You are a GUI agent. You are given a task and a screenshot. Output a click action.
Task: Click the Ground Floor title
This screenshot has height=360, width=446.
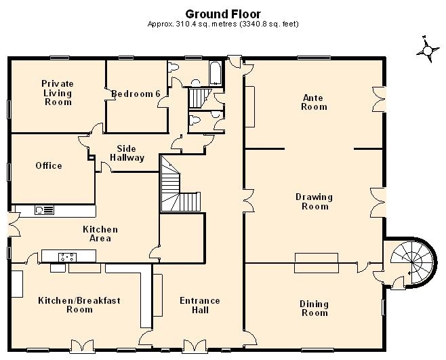tap(223, 14)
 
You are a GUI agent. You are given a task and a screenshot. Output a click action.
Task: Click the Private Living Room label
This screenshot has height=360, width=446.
tap(58, 93)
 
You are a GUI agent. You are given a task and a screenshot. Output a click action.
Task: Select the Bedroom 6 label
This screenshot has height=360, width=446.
tap(136, 94)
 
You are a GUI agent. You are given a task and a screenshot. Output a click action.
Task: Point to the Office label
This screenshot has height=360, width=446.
tap(49, 165)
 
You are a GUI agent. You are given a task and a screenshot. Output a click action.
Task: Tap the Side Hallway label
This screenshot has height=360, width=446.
tap(127, 153)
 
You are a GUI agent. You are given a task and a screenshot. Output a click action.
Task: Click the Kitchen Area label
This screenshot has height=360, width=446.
tap(100, 234)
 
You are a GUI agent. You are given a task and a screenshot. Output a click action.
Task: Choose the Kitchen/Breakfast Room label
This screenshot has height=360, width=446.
tap(79, 305)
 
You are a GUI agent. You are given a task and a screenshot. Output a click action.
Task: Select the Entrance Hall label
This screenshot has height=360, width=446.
tap(200, 305)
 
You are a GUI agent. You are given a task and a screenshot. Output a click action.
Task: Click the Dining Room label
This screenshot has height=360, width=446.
tap(315, 308)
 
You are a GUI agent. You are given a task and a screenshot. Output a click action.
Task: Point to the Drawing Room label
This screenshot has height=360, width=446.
tap(315, 201)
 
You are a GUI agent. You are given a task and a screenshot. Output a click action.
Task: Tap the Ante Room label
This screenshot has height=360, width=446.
tap(314, 102)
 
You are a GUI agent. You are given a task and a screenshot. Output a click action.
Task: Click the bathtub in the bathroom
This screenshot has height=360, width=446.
tap(216, 73)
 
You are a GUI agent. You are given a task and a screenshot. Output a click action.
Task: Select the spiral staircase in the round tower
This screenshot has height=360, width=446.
tap(412, 261)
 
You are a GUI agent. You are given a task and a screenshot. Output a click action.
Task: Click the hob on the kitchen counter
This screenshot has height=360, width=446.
tap(67, 257)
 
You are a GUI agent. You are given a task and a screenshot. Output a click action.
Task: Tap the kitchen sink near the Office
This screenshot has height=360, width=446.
tap(44, 210)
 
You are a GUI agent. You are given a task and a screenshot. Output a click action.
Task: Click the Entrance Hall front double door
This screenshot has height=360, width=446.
tap(195, 346)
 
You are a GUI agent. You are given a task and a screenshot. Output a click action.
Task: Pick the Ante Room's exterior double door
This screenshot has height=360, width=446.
tap(379, 99)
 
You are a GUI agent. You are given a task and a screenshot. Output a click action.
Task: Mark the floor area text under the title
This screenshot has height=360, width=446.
tap(223, 24)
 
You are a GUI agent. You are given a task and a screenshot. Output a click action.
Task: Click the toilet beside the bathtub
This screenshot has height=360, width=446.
tap(174, 67)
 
